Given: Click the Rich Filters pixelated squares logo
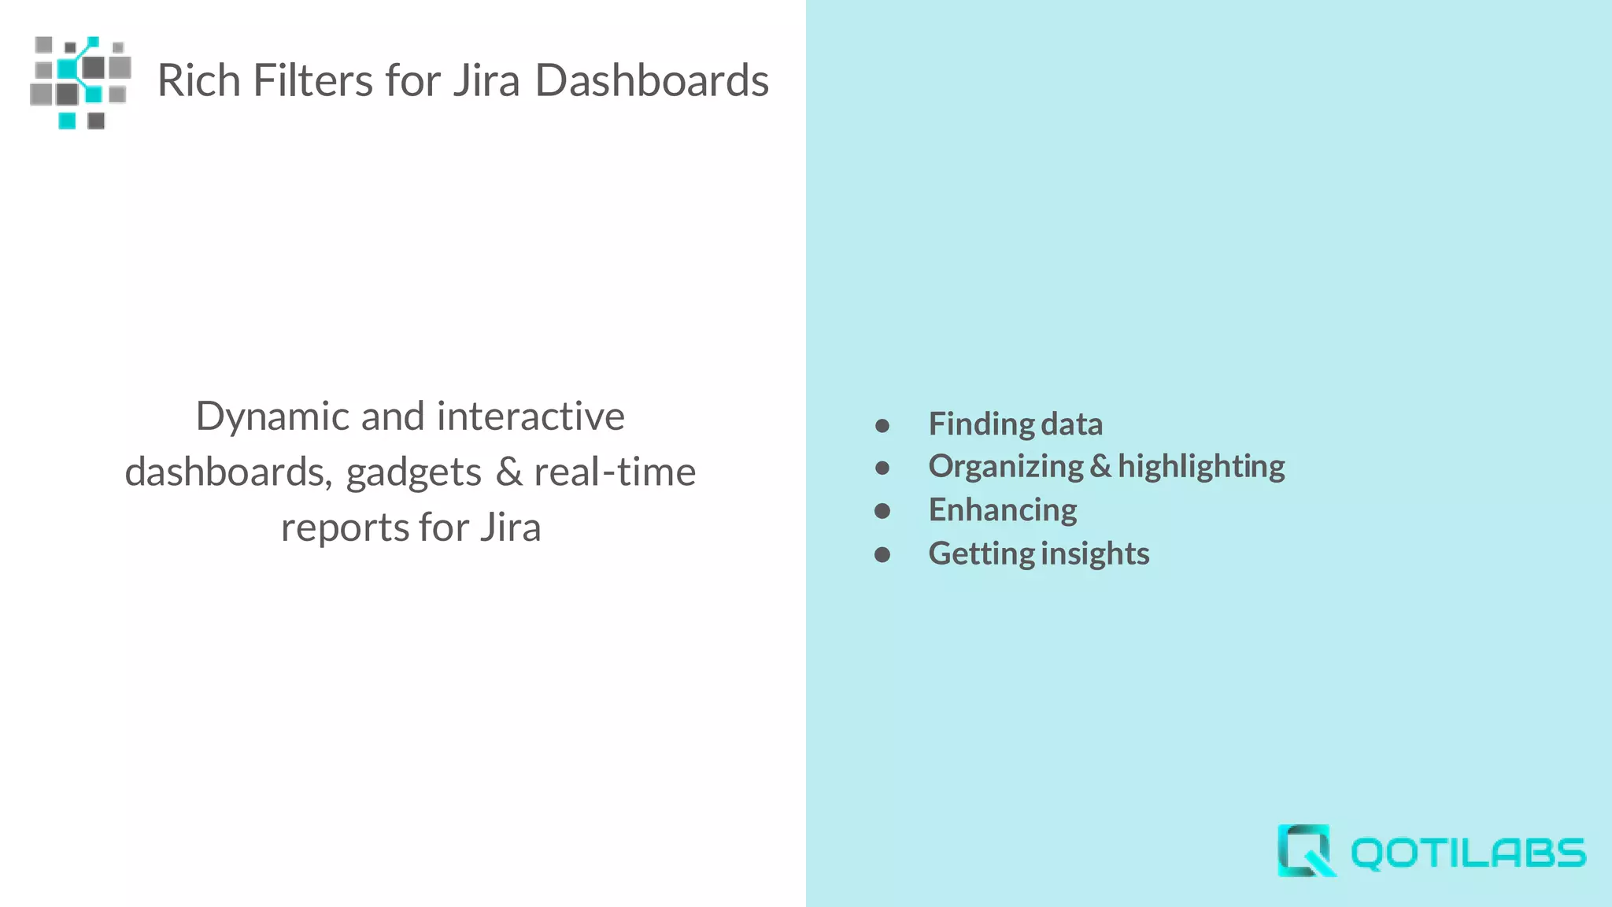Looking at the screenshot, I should pyautogui.click(x=80, y=82).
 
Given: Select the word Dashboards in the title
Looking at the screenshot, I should pyautogui.click(x=652, y=80).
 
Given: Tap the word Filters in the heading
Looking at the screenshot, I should pyautogui.click(x=312, y=80).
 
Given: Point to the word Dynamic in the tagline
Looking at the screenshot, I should pyautogui.click(x=272, y=417).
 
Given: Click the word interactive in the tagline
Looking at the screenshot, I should pyautogui.click(x=531, y=416).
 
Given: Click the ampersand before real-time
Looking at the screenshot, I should pyautogui.click(x=509, y=472).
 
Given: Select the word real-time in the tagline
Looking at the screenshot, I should pyautogui.click(x=615, y=472).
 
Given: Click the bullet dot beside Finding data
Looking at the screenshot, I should pyautogui.click(x=882, y=426).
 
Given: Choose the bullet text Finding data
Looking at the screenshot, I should pyautogui.click(x=1015, y=424).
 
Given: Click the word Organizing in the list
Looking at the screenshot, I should pyautogui.click(x=1006, y=467).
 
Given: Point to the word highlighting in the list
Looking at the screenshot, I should pyautogui.click(x=1201, y=467).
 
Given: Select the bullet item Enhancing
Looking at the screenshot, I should pyautogui.click(x=1003, y=510).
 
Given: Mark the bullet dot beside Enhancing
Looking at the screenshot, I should pyautogui.click(x=882, y=512).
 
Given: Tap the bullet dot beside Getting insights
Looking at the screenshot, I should pyautogui.click(x=882, y=555).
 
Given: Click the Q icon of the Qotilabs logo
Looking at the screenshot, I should pyautogui.click(x=1305, y=850).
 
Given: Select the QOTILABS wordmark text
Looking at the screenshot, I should pyautogui.click(x=1468, y=853).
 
